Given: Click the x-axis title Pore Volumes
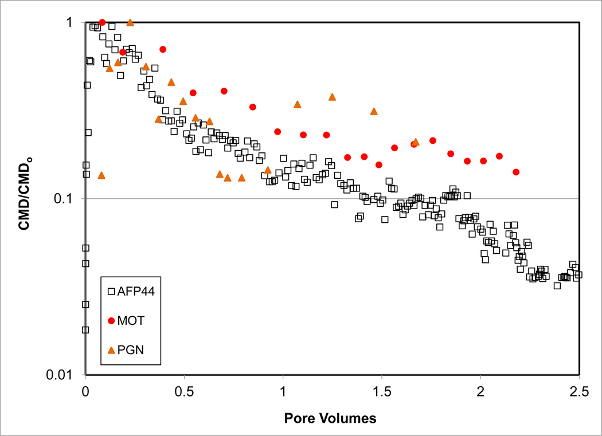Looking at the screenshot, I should (x=330, y=418).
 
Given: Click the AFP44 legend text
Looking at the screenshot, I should (x=136, y=291).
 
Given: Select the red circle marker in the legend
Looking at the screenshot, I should (x=111, y=320).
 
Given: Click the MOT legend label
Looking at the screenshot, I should (x=132, y=320).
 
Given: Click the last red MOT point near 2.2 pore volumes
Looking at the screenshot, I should (x=516, y=172).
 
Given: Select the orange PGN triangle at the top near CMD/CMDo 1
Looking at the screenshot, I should (x=130, y=22).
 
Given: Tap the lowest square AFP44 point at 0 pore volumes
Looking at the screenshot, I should (x=85, y=329).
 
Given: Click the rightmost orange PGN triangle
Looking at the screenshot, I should (x=416, y=142).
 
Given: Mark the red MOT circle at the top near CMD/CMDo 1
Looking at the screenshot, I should (x=102, y=22).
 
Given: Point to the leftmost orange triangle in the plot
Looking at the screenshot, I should (x=101, y=175).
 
